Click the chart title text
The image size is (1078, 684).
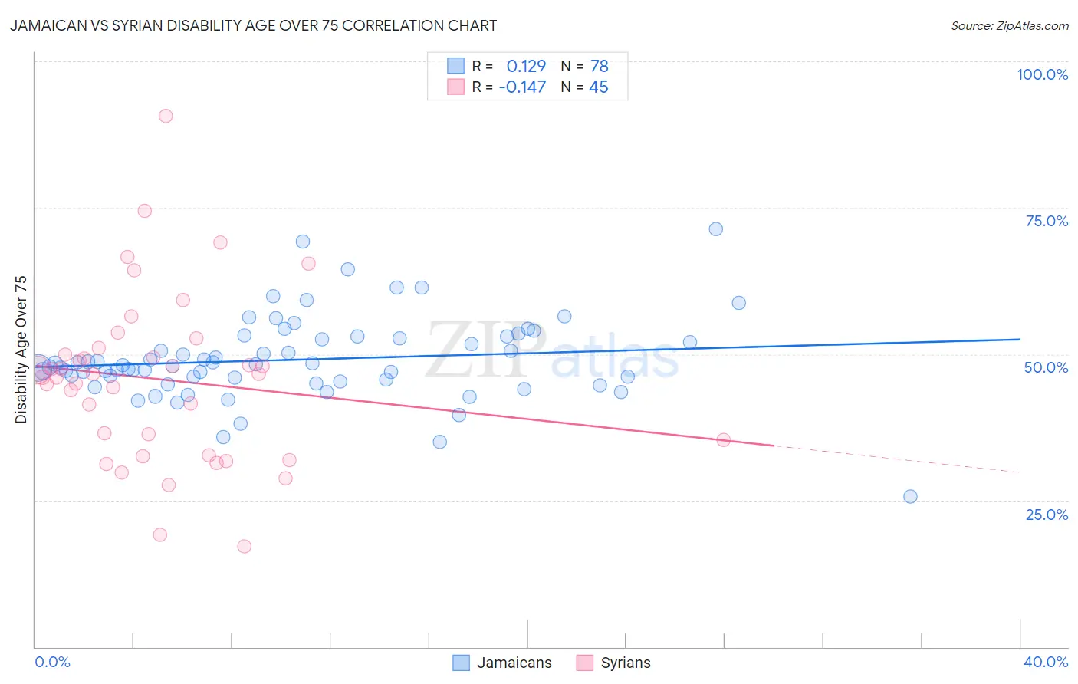pyautogui.click(x=253, y=25)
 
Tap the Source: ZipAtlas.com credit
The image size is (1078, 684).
pyautogui.click(x=1009, y=25)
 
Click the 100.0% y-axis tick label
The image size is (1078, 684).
pyautogui.click(x=1042, y=74)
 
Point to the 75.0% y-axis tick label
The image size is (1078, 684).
pyautogui.click(x=1047, y=221)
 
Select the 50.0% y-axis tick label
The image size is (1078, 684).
pyautogui.click(x=1046, y=367)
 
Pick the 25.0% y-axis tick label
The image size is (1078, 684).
pyautogui.click(x=1047, y=514)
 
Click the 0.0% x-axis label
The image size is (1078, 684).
pyautogui.click(x=52, y=662)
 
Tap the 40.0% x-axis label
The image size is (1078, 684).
pyautogui.click(x=1046, y=662)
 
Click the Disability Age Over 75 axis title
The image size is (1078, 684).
pyautogui.click(x=21, y=350)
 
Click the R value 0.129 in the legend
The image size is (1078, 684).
pyautogui.click(x=526, y=66)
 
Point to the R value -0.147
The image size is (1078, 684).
pyautogui.click(x=522, y=87)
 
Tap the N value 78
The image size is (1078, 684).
pyautogui.click(x=599, y=66)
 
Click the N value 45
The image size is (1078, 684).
pyautogui.click(x=599, y=87)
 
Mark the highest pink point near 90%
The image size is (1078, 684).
pyautogui.click(x=166, y=116)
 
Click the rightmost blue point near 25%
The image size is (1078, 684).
pyautogui.click(x=910, y=496)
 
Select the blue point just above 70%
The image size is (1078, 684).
pyautogui.click(x=715, y=229)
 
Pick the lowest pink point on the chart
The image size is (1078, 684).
pyautogui.click(x=244, y=546)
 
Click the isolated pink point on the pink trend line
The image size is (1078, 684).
pyautogui.click(x=723, y=439)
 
